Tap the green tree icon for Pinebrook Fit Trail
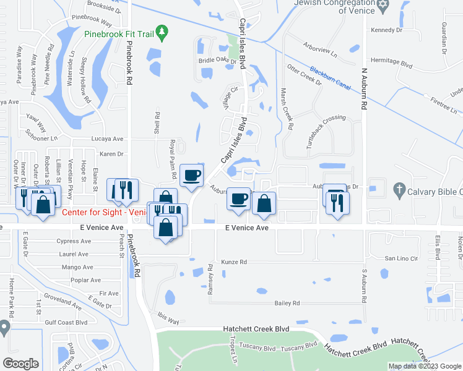(x=162, y=30)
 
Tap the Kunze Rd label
(x=234, y=262)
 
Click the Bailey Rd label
(x=287, y=303)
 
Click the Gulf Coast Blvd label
(x=65, y=322)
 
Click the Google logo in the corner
(x=20, y=363)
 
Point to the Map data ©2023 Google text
(x=424, y=366)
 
